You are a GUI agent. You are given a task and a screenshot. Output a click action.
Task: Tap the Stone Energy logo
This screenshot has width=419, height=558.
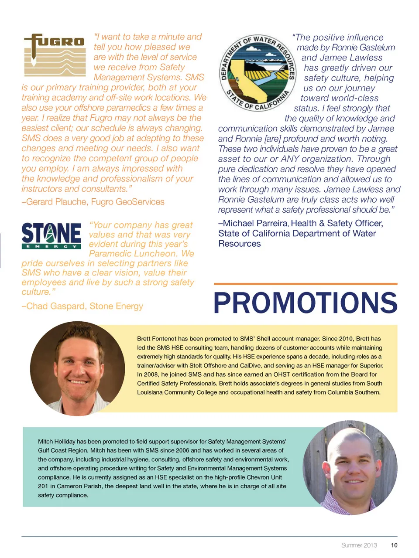[x=51, y=235]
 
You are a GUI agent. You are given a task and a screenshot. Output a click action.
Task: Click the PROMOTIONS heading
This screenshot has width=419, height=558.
[x=305, y=303]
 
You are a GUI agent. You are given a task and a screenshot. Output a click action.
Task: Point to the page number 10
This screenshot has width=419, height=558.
[x=394, y=545]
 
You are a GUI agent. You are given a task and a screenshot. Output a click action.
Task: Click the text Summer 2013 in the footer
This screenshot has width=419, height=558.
[x=359, y=545]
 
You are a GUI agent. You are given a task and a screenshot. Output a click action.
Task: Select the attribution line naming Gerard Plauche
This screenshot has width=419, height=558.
[x=93, y=202]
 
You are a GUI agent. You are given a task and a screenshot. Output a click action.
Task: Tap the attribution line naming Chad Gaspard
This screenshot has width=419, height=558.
[x=82, y=306]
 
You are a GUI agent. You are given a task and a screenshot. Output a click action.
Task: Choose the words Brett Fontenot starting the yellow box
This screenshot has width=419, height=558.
[x=156, y=339]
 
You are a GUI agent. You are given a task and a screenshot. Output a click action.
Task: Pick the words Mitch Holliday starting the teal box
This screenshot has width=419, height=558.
[x=57, y=442]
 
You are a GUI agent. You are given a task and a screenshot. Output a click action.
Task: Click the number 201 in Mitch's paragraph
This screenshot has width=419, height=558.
[x=43, y=486]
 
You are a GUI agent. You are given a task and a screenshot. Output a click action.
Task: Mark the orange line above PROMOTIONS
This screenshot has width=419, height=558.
[x=305, y=284]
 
